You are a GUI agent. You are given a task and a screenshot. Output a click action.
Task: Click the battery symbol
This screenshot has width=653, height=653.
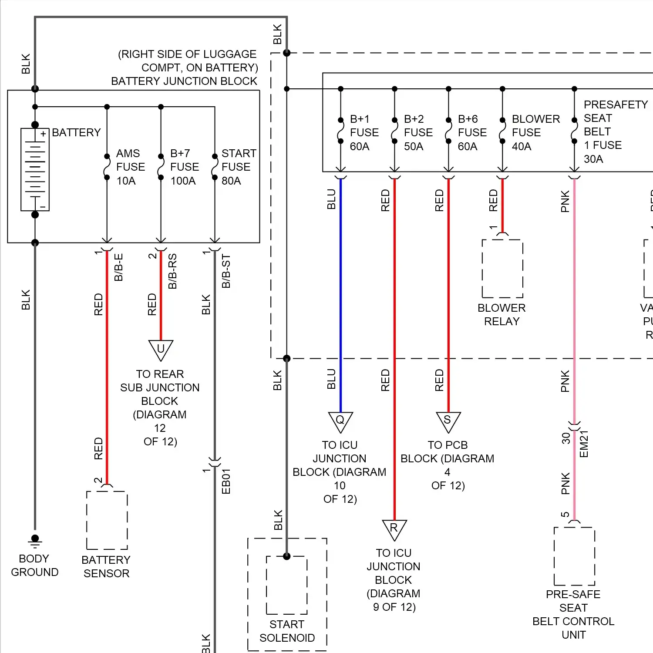coord(35,169)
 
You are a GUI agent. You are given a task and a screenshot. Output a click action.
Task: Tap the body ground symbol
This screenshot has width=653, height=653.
coord(35,541)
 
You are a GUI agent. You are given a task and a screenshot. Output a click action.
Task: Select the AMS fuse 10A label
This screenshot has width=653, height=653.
coord(130,167)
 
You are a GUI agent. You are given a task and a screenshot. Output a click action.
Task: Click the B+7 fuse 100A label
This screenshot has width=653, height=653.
coord(184,167)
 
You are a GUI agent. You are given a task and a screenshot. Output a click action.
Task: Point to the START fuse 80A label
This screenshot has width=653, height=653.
coord(238,167)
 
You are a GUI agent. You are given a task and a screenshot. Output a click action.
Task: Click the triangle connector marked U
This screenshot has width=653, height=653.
coord(161,349)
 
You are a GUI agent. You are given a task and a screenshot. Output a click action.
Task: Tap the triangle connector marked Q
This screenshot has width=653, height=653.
coord(340,421)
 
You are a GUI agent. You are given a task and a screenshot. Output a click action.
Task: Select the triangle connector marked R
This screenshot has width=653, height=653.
coord(394,529)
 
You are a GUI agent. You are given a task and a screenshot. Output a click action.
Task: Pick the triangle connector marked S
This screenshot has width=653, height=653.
coord(448,421)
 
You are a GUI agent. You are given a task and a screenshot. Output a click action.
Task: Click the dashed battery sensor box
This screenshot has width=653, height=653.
coord(107,520)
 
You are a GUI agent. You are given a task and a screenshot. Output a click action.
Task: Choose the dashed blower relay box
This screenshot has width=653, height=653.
coord(502,269)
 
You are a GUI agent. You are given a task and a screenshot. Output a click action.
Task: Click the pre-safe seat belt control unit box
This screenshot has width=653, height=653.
coord(574,556)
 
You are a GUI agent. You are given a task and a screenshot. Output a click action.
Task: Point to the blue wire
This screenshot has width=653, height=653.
coord(340,296)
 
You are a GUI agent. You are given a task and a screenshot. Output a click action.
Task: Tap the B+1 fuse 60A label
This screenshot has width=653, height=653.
coord(364,133)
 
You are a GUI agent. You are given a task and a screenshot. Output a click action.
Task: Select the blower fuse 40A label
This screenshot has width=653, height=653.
coord(535,133)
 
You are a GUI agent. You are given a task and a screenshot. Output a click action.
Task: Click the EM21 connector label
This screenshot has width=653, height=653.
coord(584,444)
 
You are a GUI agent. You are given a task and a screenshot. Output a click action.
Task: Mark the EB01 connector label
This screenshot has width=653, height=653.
coord(226,481)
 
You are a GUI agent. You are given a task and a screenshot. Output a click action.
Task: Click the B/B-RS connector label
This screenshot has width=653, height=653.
coord(172,271)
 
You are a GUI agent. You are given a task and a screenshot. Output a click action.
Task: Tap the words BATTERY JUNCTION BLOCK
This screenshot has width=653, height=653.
coord(184,81)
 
